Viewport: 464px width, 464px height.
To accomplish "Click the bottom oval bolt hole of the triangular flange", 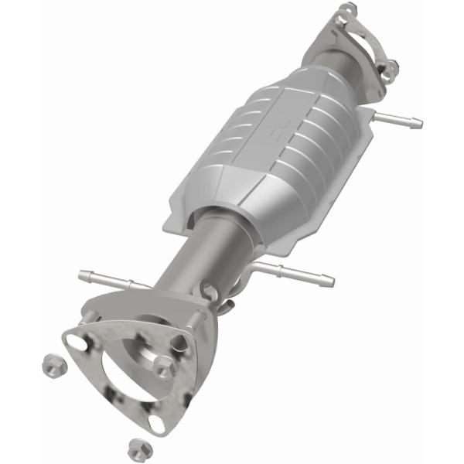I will (x=157, y=424).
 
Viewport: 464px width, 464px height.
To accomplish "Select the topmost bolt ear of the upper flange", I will (x=348, y=10).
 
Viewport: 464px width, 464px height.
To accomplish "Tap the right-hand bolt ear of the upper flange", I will (x=388, y=70).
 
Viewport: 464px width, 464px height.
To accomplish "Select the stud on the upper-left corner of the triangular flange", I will (x=90, y=314).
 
